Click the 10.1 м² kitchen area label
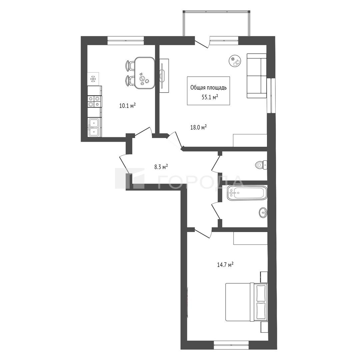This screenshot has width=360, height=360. click(127, 106)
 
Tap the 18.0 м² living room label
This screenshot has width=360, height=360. click(199, 127)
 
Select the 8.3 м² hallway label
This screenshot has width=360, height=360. click(161, 166)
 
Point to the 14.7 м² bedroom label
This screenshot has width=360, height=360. click(225, 265)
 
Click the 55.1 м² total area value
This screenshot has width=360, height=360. click(210, 97)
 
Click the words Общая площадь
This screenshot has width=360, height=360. click(208, 87)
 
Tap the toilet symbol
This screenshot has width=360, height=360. click(261, 165)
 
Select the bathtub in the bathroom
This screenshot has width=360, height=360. click(247, 193)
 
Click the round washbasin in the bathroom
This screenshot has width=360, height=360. click(263, 213)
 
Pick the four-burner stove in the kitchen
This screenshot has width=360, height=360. click(94, 101)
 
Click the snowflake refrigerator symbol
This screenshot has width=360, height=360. click(93, 79)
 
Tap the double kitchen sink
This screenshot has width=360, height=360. click(94, 127)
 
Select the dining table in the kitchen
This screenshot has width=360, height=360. click(144, 73)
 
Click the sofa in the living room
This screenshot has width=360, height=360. click(257, 76)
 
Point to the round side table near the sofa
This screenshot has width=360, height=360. click(235, 61)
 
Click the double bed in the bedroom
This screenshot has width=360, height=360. click(246, 302)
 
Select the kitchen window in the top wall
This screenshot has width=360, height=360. click(126, 41)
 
